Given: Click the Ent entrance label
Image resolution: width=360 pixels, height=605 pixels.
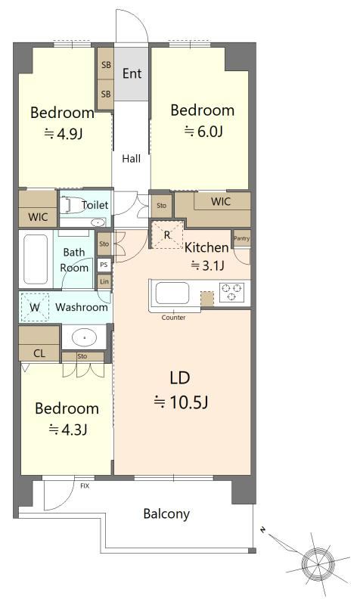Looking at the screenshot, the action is (x=132, y=73).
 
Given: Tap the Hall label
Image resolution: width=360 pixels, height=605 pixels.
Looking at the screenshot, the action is (x=131, y=159).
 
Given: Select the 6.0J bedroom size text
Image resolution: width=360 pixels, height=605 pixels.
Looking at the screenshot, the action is (x=203, y=132).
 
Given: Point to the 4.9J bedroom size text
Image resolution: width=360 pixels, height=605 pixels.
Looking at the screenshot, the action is (x=64, y=134).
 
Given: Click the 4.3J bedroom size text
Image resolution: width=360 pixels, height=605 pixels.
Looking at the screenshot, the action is (x=67, y=430).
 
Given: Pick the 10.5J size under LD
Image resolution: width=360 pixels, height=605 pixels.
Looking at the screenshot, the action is (x=181, y=402).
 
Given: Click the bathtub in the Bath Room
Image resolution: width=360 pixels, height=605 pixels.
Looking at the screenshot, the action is (x=36, y=259).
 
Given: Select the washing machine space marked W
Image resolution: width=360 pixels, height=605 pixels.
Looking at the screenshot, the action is (x=35, y=307).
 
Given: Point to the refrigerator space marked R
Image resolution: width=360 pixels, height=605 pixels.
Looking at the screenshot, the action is (x=166, y=234).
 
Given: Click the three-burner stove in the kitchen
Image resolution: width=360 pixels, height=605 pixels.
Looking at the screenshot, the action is (x=232, y=292).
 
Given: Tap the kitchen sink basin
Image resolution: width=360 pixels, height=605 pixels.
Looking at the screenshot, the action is (x=172, y=293).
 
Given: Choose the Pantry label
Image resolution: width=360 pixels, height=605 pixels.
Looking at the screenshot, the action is (x=241, y=238).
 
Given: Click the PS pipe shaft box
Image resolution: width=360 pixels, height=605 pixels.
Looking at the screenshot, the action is (x=104, y=265).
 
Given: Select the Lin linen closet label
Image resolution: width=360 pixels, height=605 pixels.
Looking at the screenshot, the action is (x=104, y=281).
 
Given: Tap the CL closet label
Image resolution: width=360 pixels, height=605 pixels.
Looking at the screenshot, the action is (x=39, y=353).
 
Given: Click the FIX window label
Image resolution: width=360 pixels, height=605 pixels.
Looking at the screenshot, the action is (x=85, y=486).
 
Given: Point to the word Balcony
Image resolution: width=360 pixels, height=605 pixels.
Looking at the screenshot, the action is (x=166, y=514).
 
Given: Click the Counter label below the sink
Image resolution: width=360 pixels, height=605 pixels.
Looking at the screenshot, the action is (x=173, y=318).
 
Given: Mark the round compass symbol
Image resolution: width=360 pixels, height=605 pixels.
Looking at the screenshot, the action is (x=318, y=563).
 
